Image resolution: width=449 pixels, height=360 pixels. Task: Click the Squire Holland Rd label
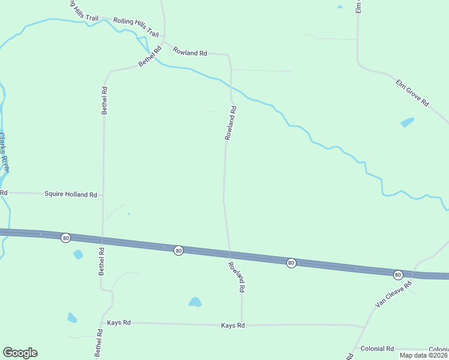[x=71, y=194]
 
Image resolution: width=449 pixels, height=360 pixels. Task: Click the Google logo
[x=20, y=353]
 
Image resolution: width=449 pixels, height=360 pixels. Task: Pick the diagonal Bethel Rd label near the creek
[x=150, y=56]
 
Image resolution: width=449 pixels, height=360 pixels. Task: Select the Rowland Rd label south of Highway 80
[x=237, y=277]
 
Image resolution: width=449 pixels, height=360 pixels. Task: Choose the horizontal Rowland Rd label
[x=190, y=52]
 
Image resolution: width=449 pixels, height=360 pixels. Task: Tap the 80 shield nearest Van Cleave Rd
[x=397, y=274]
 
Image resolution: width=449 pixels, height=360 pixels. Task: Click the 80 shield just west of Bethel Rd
[x=65, y=238]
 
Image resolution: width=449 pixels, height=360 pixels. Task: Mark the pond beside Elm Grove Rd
[x=407, y=122]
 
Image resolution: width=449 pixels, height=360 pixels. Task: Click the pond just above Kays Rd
[x=195, y=302]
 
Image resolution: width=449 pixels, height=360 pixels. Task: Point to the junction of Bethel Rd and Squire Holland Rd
[x=103, y=194]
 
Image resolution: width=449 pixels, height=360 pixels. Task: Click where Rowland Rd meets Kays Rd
[x=241, y=325]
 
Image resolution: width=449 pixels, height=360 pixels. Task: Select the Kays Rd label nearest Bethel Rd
[x=119, y=323]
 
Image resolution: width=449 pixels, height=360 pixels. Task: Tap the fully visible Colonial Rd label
[x=377, y=349]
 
